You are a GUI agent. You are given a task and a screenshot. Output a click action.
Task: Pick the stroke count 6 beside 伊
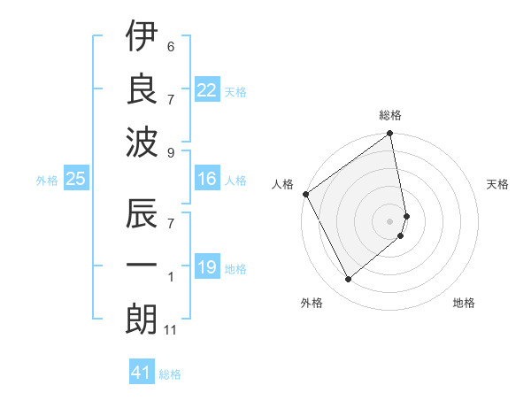[171, 46]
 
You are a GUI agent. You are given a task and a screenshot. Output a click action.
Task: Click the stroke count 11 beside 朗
[172, 331]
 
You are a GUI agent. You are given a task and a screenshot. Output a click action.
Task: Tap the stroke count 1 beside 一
[171, 278]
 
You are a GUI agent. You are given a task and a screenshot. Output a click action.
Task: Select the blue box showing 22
[206, 89]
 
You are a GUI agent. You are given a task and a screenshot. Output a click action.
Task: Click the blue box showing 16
[206, 179]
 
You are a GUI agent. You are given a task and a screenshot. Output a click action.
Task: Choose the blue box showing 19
[206, 266]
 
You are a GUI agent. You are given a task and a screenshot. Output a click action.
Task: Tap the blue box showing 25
[75, 179]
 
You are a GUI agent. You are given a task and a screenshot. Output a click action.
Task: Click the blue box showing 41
[141, 373]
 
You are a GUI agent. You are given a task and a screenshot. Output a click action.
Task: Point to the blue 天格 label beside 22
[235, 91]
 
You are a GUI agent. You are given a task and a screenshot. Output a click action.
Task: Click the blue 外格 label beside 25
[47, 181]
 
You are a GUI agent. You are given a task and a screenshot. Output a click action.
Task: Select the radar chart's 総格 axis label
[390, 115]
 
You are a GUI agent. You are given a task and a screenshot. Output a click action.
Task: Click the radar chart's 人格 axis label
[283, 184]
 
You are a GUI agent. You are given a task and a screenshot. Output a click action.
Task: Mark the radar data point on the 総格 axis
[390, 135]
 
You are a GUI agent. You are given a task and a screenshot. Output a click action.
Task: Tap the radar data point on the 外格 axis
[349, 279]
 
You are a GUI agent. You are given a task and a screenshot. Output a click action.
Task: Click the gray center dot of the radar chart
[390, 221]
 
